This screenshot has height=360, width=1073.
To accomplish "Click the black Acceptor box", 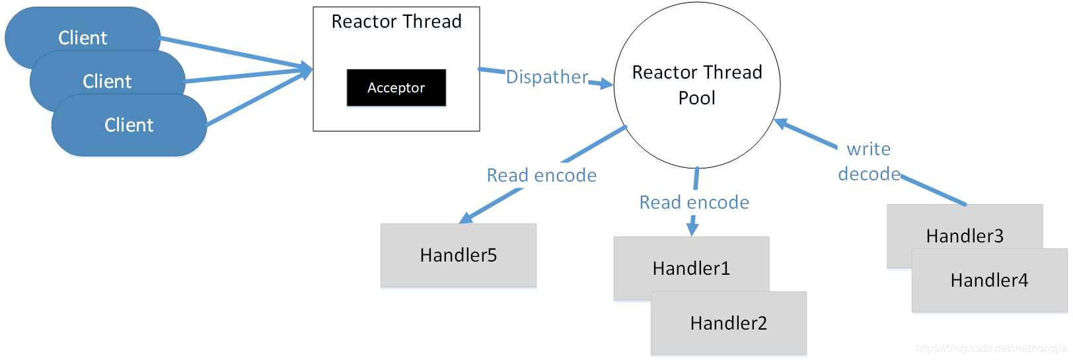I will point(396,88).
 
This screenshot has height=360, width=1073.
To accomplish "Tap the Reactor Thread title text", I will point(396,22).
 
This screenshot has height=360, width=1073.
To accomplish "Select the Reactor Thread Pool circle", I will point(697,85).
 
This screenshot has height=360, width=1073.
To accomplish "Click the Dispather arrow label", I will point(547,77).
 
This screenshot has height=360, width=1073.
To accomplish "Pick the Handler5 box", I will point(459,256).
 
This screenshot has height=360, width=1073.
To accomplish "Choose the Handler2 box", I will point(729,324).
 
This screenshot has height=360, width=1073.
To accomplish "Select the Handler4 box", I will point(989,281).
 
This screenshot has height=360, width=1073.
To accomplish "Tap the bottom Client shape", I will point(129,126).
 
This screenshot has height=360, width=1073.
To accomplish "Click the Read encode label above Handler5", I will point(542,176).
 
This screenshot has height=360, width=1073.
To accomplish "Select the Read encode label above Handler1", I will point(694,203).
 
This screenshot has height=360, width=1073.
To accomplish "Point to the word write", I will point(869,149).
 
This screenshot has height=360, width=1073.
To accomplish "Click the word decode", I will point(869,174).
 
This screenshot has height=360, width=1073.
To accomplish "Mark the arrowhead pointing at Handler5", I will point(466,218).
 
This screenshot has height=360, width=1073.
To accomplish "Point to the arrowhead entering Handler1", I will point(692,229).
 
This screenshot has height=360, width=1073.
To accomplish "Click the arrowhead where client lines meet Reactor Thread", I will point(307,69).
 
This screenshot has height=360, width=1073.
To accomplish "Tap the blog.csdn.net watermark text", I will point(991,348).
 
